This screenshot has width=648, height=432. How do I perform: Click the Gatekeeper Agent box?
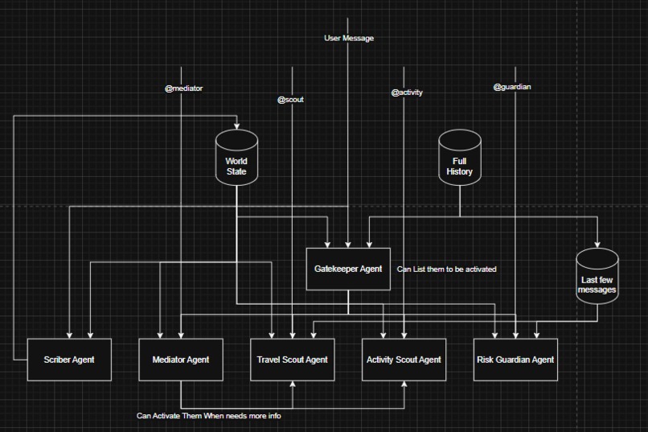(x=348, y=269)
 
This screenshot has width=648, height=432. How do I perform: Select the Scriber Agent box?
(x=69, y=360)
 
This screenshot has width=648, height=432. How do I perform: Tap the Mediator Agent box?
(x=181, y=360)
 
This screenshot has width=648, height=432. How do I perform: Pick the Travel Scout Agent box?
(x=292, y=360)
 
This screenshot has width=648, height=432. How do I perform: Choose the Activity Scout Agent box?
(x=404, y=360)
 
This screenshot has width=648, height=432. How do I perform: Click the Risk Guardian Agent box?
(x=515, y=360)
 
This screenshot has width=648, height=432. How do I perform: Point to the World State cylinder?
(x=237, y=158)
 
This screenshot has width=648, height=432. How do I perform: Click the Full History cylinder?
(x=460, y=158)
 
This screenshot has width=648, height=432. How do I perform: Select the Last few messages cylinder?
(x=597, y=276)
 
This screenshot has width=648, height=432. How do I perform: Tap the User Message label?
(x=349, y=38)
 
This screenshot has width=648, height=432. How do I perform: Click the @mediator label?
(x=184, y=88)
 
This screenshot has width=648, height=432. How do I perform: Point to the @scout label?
(x=290, y=100)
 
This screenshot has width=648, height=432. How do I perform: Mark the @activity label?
(x=407, y=93)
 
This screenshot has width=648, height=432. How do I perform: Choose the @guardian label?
(x=512, y=87)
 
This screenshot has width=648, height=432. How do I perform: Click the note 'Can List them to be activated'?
(x=447, y=269)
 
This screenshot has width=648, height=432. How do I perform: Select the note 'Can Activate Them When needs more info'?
(x=209, y=415)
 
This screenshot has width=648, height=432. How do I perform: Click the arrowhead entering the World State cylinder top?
(x=237, y=126)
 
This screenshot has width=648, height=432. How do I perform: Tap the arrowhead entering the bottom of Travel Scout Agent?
(x=293, y=384)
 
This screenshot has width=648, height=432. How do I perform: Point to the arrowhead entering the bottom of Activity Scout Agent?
(x=404, y=384)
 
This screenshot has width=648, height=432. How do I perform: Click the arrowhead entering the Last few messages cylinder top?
(x=597, y=245)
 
